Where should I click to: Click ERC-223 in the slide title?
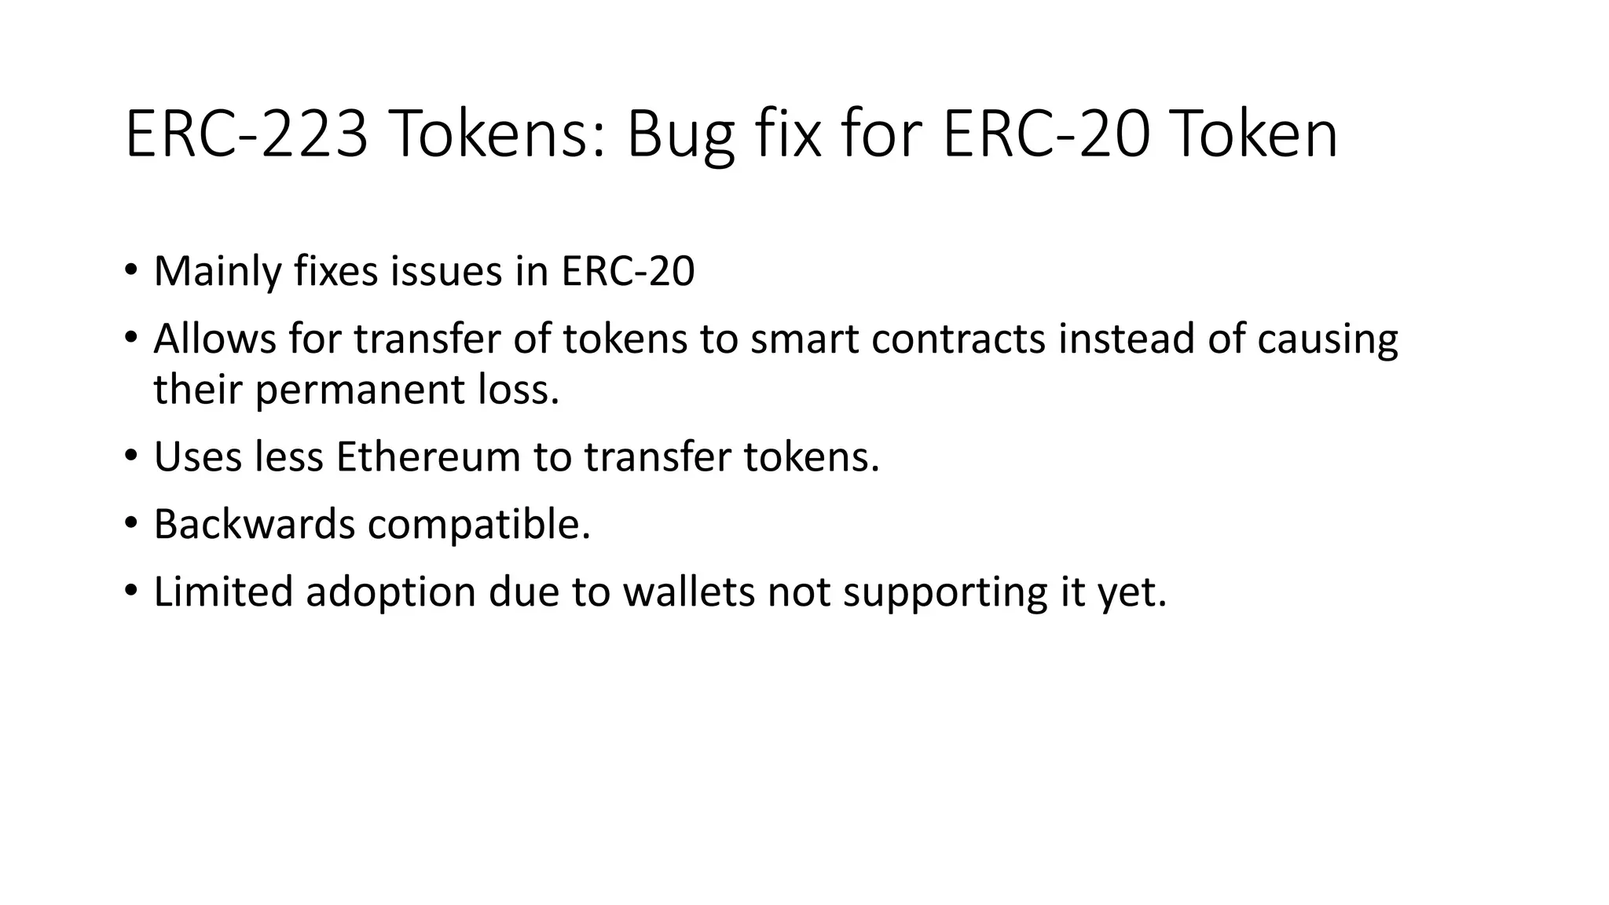246,135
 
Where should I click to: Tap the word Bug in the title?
680,135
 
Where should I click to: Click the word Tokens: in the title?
498,135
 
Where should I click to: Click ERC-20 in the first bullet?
628,272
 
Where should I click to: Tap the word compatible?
478,525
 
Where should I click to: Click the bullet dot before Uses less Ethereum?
130,456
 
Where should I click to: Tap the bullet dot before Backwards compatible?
130,523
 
